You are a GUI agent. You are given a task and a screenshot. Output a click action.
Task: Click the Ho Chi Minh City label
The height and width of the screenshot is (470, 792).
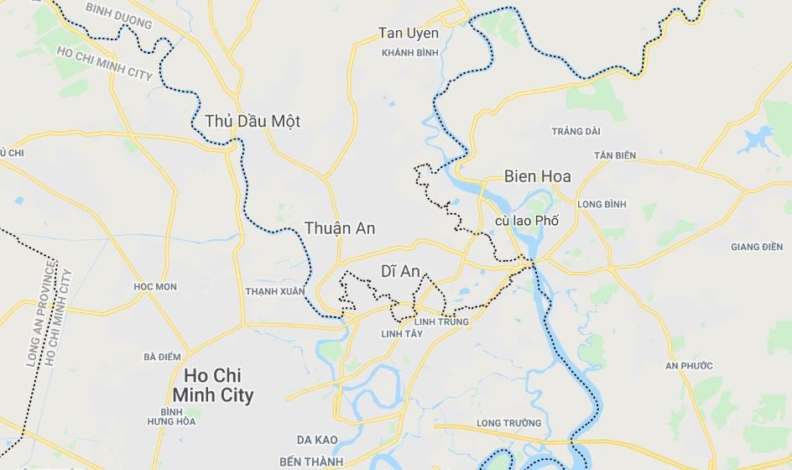[x=212, y=385]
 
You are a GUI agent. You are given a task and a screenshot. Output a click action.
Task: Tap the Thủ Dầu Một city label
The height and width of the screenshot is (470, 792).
[x=252, y=121]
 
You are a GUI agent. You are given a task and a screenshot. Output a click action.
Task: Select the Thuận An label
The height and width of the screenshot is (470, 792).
[x=339, y=228]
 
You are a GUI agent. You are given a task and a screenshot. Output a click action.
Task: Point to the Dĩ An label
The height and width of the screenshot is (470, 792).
[x=400, y=271]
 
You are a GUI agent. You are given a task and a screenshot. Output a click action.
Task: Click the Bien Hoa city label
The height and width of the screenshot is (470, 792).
[x=537, y=176]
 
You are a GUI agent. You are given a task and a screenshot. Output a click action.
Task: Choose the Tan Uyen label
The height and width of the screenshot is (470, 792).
[x=409, y=34]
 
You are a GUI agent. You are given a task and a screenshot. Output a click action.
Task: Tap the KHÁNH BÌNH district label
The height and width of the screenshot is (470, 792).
[x=410, y=52]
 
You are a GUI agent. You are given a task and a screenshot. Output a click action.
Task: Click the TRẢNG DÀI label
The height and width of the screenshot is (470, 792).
[x=576, y=131]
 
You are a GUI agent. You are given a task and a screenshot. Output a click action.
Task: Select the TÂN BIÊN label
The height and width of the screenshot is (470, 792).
[x=615, y=155]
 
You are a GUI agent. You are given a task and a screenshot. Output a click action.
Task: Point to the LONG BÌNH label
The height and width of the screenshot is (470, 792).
[x=602, y=204]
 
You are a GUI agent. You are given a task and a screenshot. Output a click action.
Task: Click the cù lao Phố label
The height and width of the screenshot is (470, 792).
[x=526, y=221]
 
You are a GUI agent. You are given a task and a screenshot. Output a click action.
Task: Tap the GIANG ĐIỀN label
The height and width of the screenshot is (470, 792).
[x=757, y=247]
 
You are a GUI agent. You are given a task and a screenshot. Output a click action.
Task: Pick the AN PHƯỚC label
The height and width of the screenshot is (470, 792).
[x=689, y=365]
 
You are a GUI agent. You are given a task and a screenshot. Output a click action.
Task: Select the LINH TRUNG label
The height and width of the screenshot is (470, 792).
[x=441, y=321]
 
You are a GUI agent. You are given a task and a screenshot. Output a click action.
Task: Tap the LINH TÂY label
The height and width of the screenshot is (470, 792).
[x=402, y=334]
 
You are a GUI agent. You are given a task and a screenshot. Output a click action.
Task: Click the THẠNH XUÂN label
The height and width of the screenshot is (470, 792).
[x=275, y=291]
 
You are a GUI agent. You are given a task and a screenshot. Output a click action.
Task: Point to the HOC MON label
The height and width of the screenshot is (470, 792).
[x=155, y=286]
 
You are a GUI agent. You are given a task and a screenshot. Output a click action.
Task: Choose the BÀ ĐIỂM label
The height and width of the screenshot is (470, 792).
[x=162, y=357]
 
